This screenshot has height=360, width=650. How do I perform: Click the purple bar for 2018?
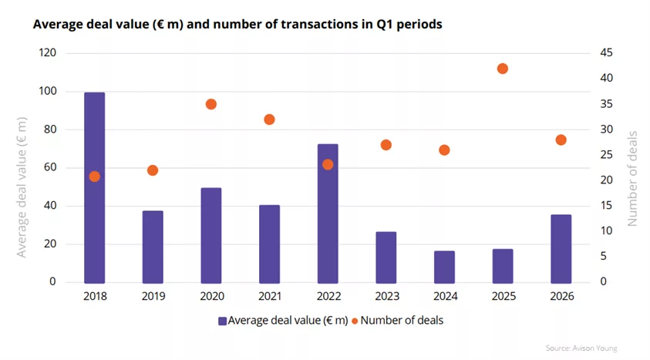[x=95, y=187]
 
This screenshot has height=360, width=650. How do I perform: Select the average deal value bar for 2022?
[x=328, y=214]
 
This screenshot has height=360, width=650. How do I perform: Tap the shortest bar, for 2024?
[x=444, y=267]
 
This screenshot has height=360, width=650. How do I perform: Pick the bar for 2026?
[x=561, y=249]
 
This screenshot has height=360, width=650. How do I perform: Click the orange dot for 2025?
[x=503, y=69]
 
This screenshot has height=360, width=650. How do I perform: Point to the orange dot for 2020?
[x=211, y=104]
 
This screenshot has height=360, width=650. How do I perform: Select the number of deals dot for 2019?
[x=153, y=170]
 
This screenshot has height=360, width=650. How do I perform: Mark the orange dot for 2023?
[x=386, y=145]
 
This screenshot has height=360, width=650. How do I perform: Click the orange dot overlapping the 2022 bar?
[x=328, y=165]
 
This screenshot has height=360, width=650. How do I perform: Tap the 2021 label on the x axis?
[x=269, y=296]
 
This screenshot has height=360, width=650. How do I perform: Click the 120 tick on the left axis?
[x=47, y=52]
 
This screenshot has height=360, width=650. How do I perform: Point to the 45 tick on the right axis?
[x=607, y=52]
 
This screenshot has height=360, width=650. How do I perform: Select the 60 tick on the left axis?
[x=50, y=167]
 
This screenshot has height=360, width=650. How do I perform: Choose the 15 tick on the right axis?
[x=607, y=206]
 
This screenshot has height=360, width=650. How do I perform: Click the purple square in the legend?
[x=223, y=321]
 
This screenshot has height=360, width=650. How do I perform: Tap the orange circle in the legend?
[x=355, y=321]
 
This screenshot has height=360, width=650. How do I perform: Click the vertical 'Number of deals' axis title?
[x=632, y=179]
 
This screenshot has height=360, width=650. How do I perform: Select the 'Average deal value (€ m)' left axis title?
[x=22, y=187]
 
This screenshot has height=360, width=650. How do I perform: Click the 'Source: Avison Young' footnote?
[x=581, y=348]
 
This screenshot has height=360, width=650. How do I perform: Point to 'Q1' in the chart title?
[x=385, y=25]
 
